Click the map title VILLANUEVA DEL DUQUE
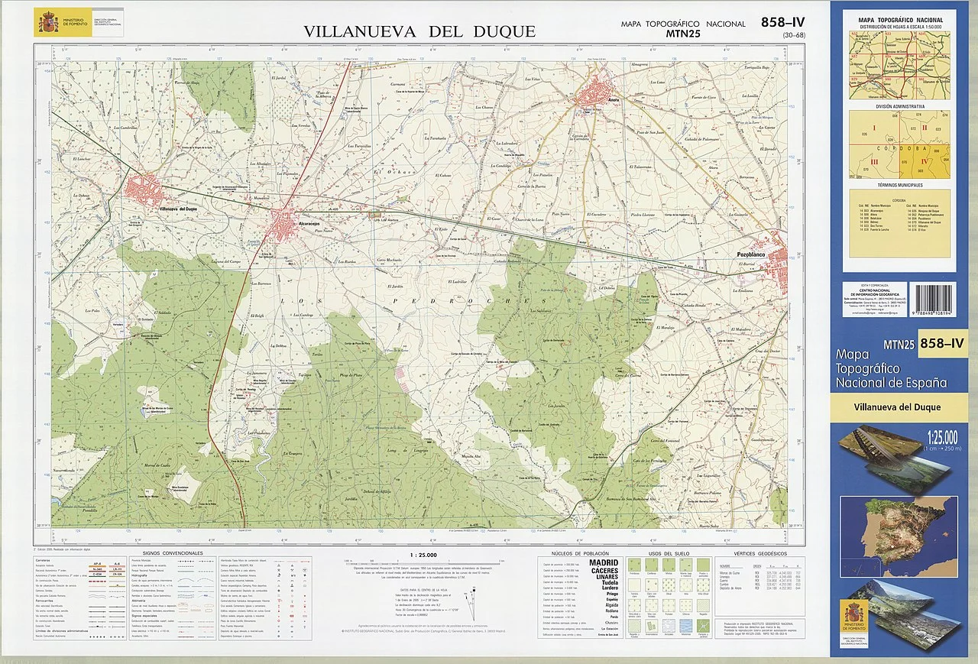pyautogui.click(x=419, y=31)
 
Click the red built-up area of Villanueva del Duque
pyautogui.click(x=145, y=189)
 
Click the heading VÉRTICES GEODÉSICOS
pyautogui.click(x=759, y=552)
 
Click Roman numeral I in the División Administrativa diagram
pyautogui.click(x=873, y=128)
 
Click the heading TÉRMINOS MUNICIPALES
pyautogui.click(x=900, y=185)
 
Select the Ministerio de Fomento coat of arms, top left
pyautogui.click(x=48, y=22)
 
